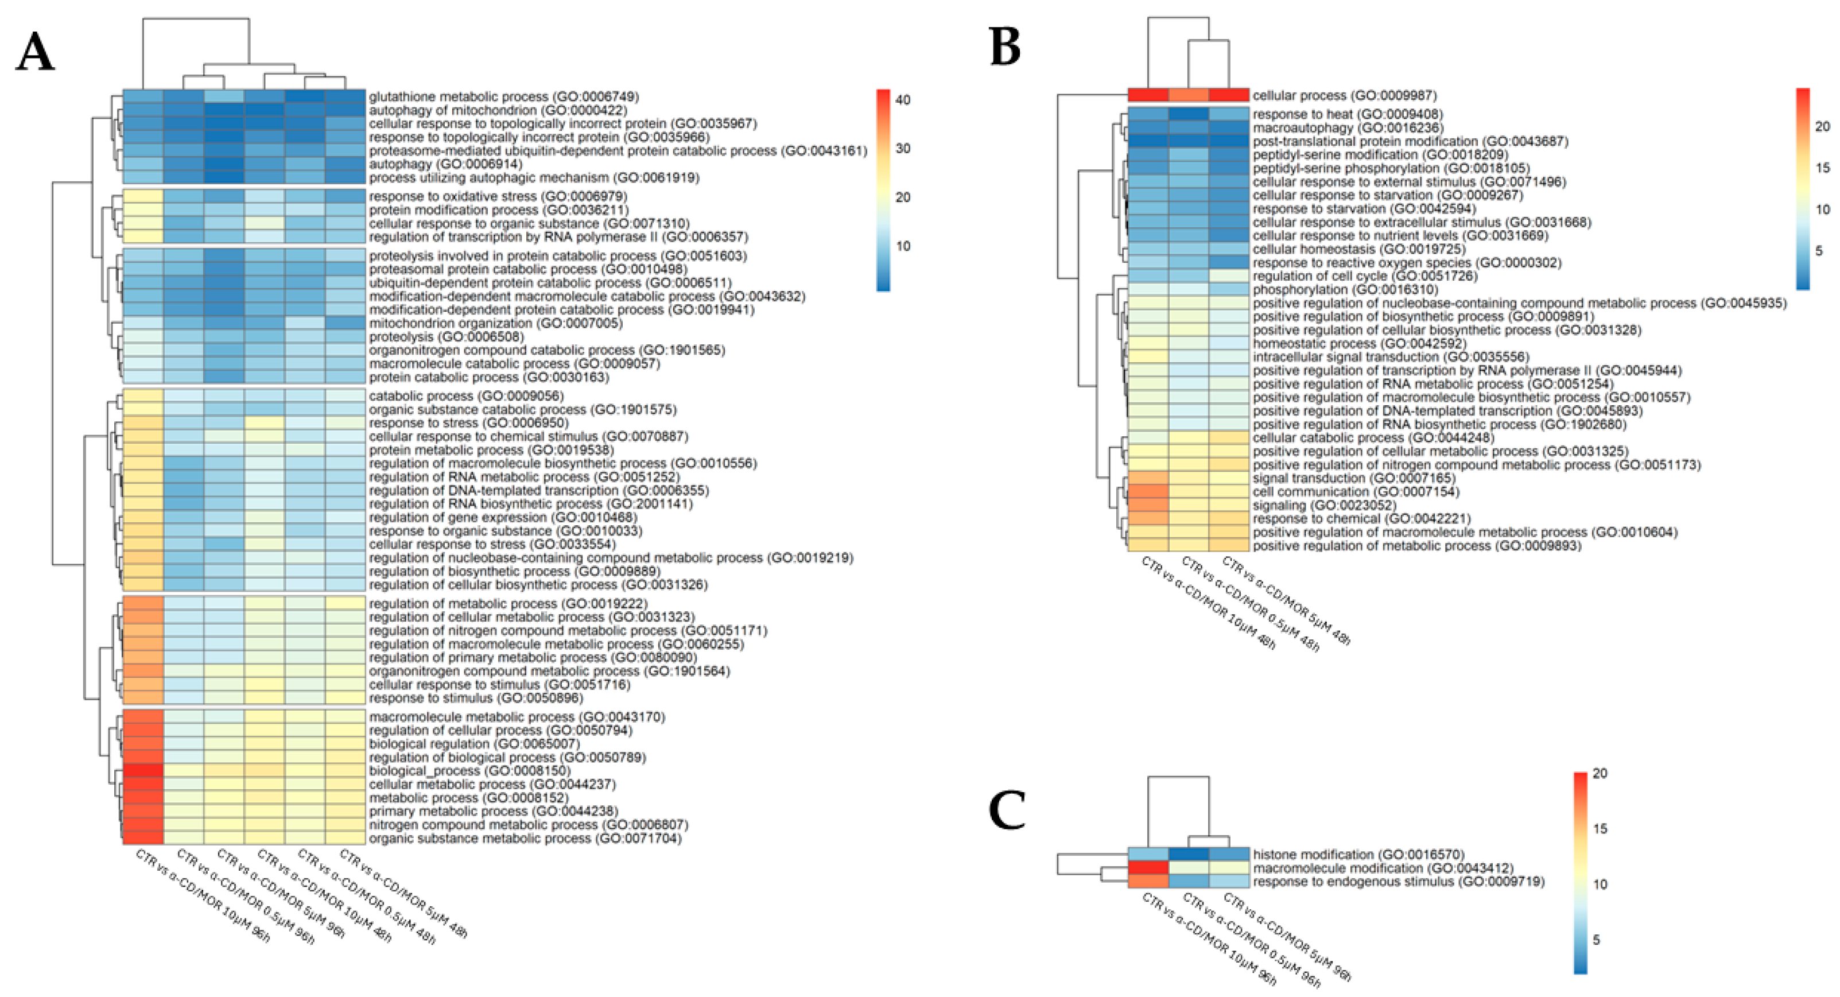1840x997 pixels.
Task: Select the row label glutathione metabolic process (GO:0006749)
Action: [x=503, y=96]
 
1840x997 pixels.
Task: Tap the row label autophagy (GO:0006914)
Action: [x=441, y=164]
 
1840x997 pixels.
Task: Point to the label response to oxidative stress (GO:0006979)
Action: [x=498, y=196]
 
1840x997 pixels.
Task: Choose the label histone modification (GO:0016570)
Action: [x=1358, y=855]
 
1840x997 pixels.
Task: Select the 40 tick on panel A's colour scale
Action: [x=903, y=100]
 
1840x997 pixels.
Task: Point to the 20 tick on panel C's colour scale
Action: [x=1600, y=774]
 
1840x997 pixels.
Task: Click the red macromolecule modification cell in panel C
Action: [x=1148, y=868]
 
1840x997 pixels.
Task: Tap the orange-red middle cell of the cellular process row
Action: [x=1189, y=95]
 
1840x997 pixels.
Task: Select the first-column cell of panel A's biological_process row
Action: [x=143, y=771]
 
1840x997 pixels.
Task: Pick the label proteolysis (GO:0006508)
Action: [x=447, y=336]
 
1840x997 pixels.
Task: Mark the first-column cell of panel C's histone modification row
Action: [x=1148, y=855]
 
